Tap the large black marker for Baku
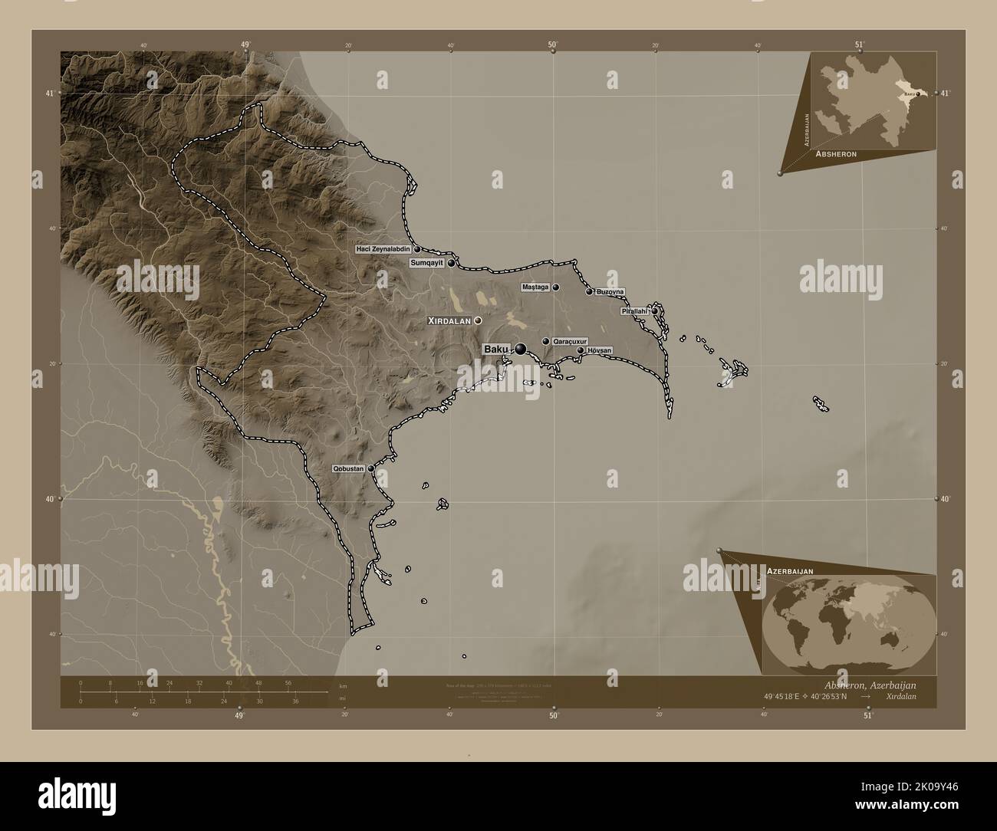tap(521, 350)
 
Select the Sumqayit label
tap(428, 263)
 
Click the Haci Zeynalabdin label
tap(384, 249)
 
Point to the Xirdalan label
tap(449, 320)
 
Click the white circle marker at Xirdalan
tap(478, 320)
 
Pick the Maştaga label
tap(535, 287)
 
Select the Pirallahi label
tap(636, 311)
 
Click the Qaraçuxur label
tap(569, 342)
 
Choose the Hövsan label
tap(599, 350)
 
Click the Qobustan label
tap(348, 468)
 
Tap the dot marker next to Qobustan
tap(371, 468)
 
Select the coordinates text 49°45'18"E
tap(780, 696)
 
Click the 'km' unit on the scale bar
tap(343, 685)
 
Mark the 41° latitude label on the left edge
tap(50, 94)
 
